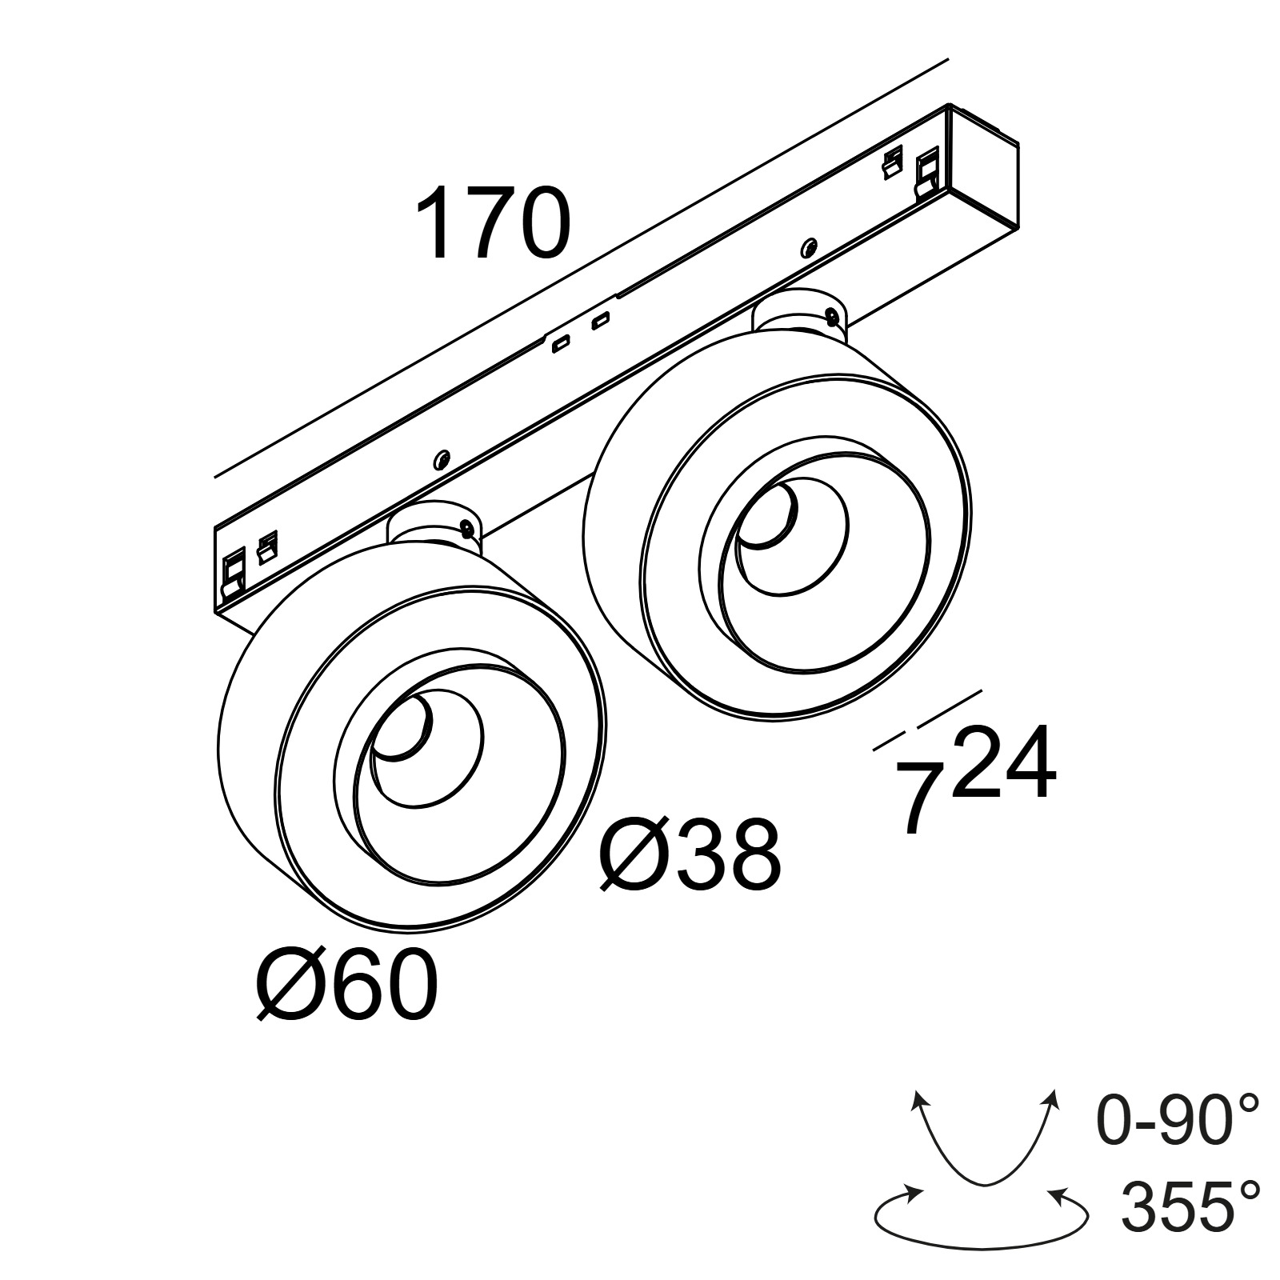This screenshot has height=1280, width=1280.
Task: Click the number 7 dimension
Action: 919,796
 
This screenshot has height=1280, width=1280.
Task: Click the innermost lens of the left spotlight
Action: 404,724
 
